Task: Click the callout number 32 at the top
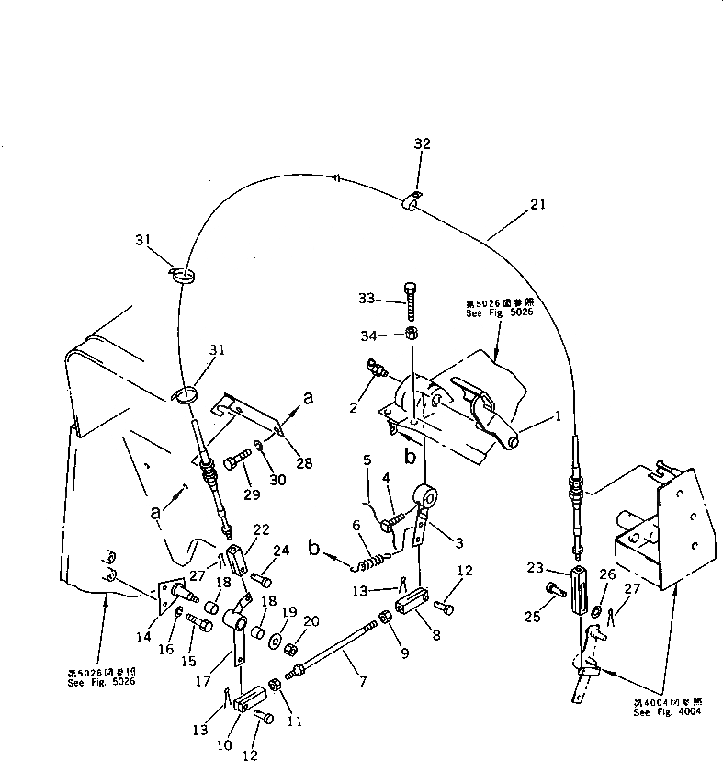pos(422,144)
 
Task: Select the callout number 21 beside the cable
pos(537,205)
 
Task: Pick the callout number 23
pos(535,569)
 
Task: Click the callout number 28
pos(304,463)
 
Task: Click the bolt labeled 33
pos(411,301)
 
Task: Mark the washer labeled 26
pos(598,611)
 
